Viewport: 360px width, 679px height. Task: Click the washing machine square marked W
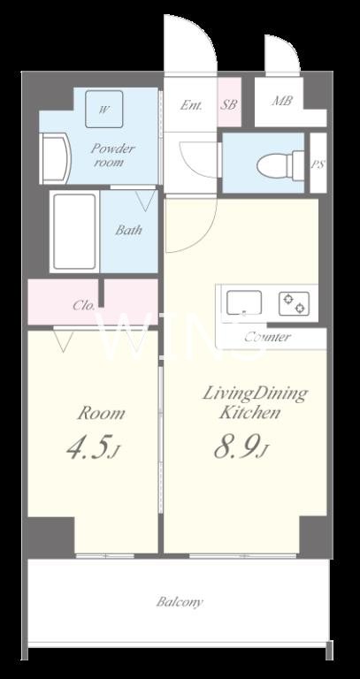(x=104, y=109)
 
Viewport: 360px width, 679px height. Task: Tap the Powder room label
(x=112, y=156)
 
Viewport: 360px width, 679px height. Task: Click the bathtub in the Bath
(x=74, y=232)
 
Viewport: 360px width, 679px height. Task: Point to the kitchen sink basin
(x=244, y=302)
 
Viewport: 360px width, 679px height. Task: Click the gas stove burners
(x=295, y=303)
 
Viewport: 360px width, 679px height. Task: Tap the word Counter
(x=267, y=337)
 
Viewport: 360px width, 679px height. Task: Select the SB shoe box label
(x=230, y=104)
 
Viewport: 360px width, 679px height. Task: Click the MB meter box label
(x=282, y=101)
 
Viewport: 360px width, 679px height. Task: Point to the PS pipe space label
(x=318, y=165)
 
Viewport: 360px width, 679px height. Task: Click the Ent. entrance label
(x=191, y=105)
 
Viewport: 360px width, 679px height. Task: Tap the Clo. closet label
(x=84, y=306)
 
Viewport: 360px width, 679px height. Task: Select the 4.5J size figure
(x=93, y=448)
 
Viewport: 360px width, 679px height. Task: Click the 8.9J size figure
(x=240, y=446)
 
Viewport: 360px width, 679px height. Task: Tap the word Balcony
(x=180, y=602)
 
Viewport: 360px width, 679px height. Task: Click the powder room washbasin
(x=54, y=158)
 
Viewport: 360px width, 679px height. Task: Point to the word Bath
(x=128, y=230)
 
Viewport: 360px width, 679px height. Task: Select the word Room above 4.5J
(x=101, y=414)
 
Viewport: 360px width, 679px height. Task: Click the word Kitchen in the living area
(x=249, y=413)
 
